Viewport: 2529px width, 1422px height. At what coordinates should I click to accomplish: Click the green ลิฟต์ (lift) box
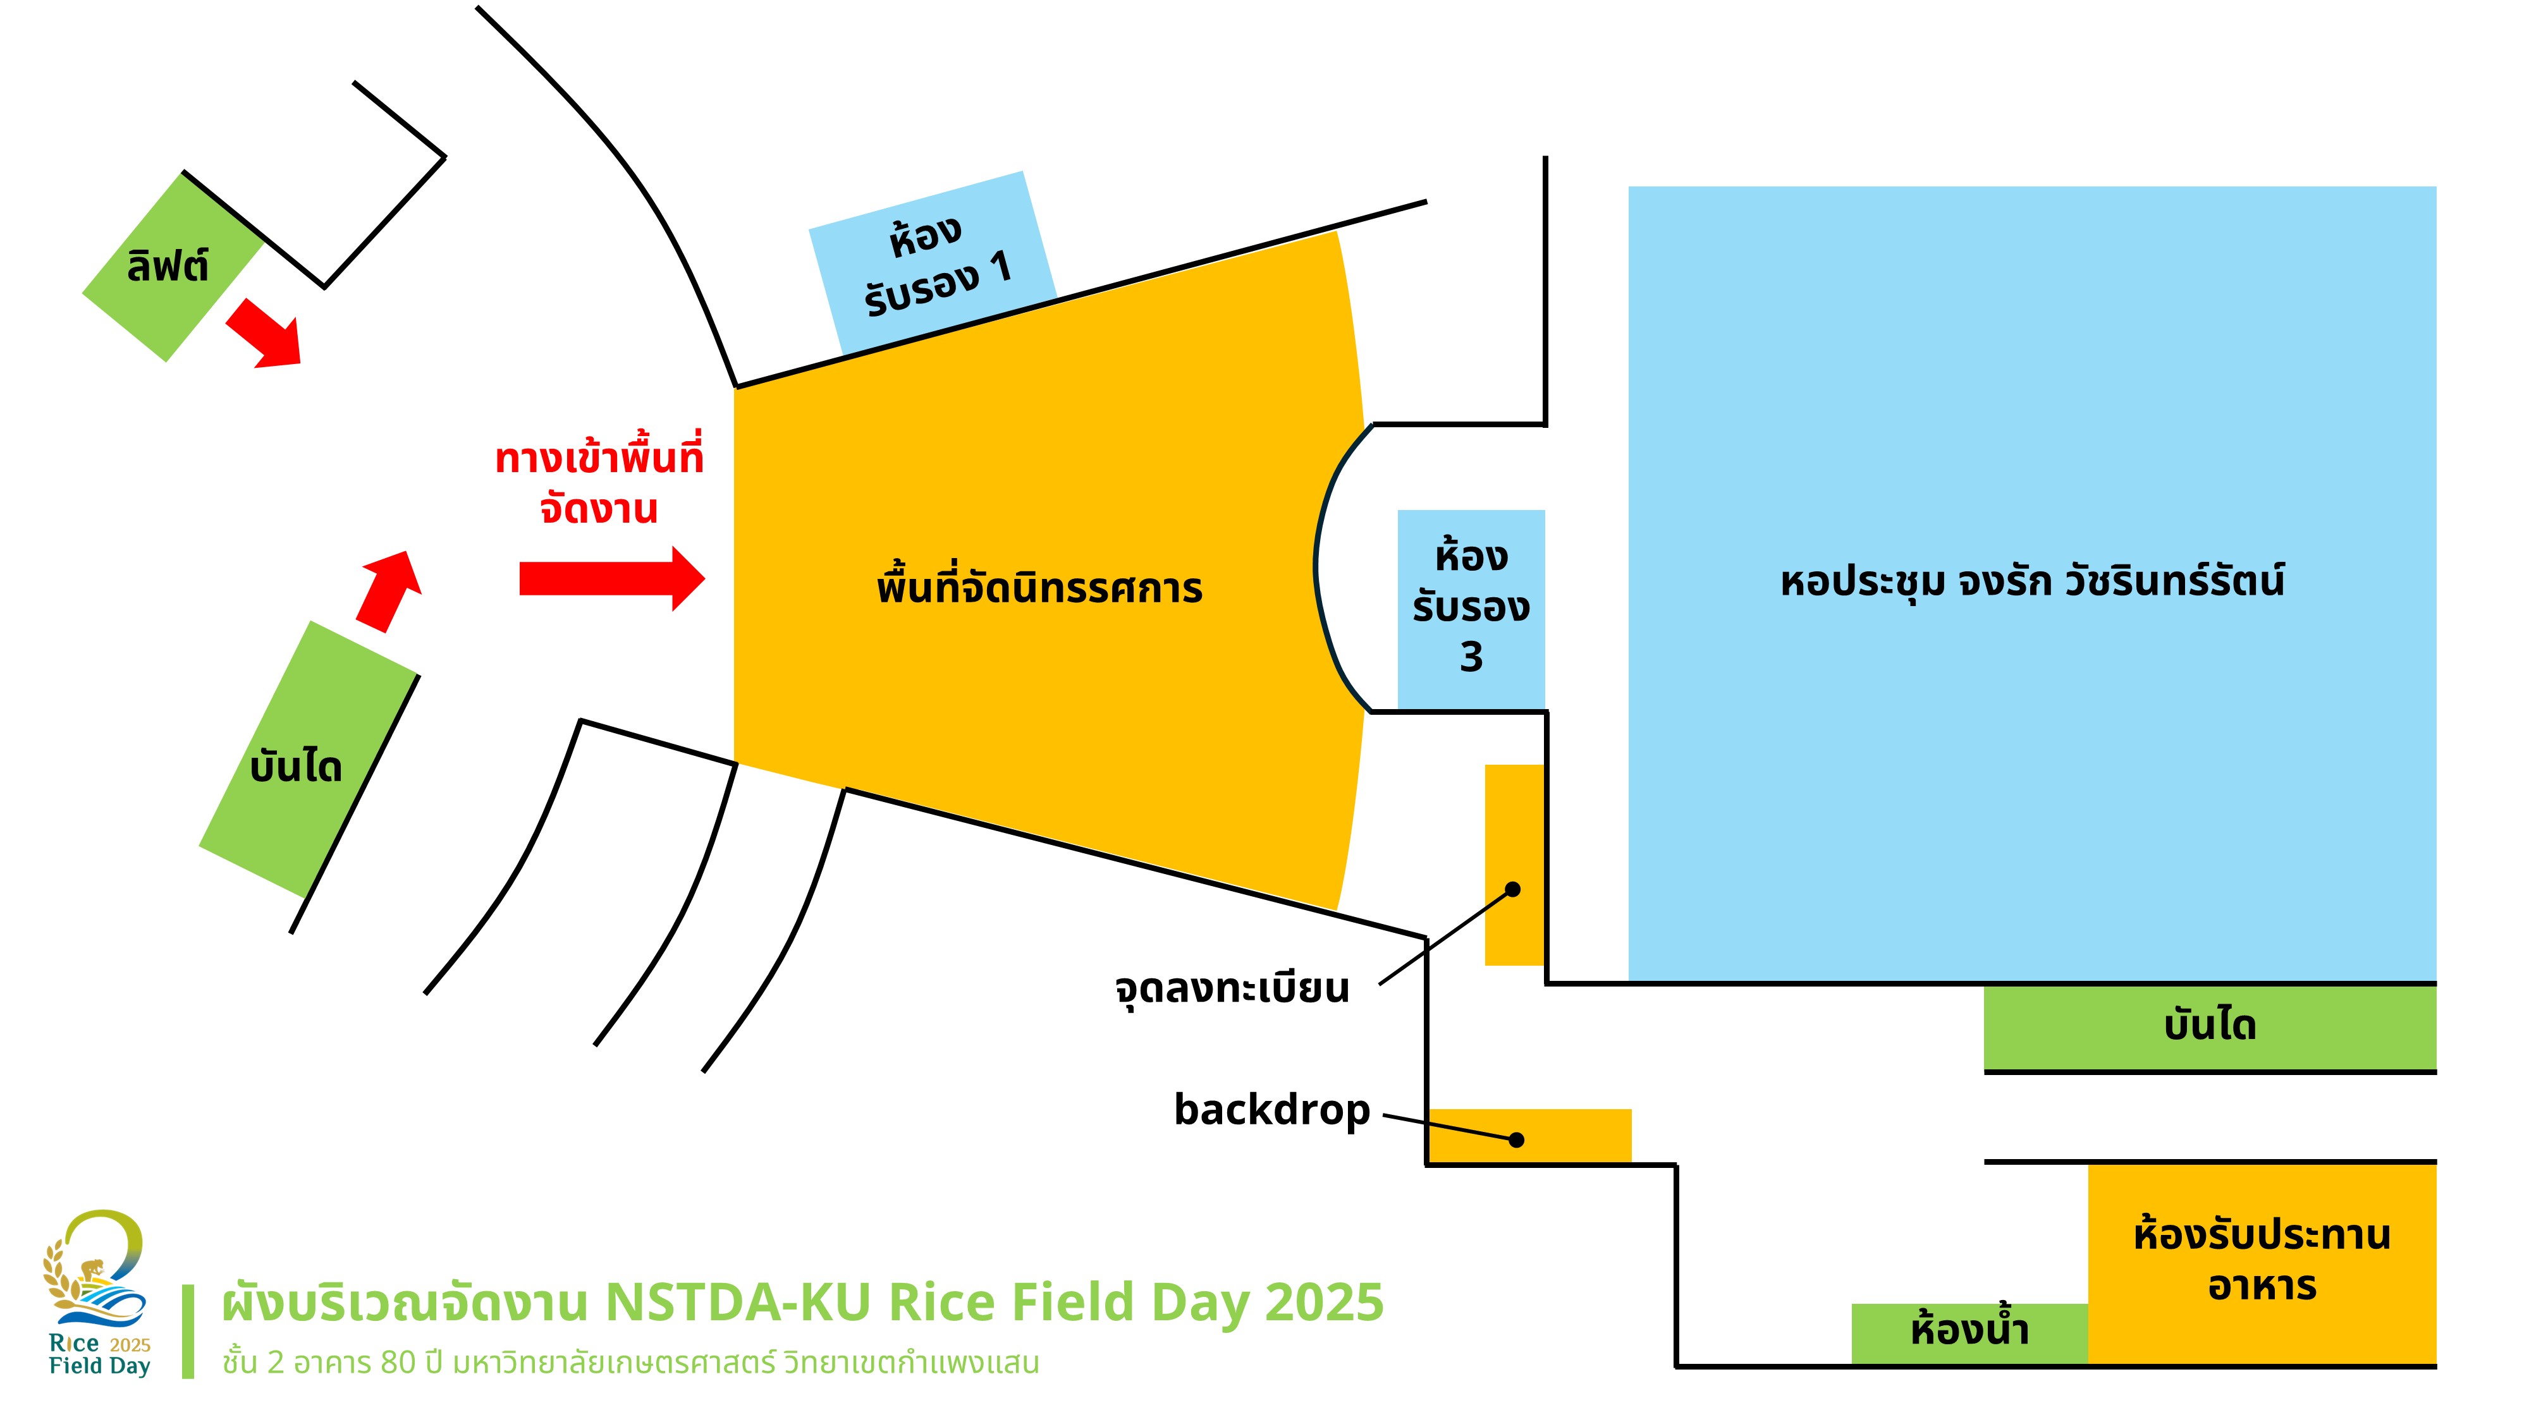(x=169, y=267)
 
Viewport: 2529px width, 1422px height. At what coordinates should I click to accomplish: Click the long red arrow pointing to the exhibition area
(x=611, y=578)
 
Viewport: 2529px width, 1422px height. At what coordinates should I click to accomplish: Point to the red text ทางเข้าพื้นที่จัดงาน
(x=599, y=483)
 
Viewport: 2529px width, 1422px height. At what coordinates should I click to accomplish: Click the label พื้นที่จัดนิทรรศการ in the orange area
(x=1039, y=588)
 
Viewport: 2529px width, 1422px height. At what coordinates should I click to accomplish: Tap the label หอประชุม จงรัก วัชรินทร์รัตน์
(x=2031, y=581)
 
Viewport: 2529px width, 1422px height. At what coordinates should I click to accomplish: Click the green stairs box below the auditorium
(x=2209, y=1026)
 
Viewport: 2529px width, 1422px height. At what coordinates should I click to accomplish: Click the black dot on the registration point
(x=1513, y=889)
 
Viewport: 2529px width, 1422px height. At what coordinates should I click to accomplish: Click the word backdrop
(x=1271, y=1110)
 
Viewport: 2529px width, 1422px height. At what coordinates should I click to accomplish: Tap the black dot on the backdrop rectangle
(x=1516, y=1139)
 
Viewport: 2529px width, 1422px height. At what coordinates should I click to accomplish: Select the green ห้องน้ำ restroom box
(x=1968, y=1332)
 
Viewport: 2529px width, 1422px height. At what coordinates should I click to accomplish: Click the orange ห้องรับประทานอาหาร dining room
(x=2261, y=1261)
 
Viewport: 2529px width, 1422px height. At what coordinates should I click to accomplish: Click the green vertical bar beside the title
(x=188, y=1331)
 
